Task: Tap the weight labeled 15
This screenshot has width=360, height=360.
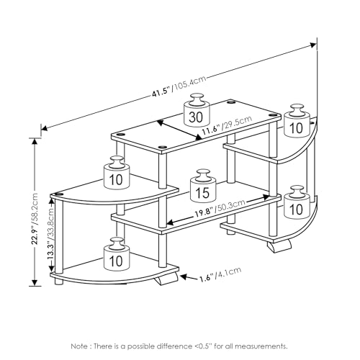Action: pyautogui.click(x=203, y=185)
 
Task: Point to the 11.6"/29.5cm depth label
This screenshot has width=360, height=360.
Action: pyautogui.click(x=227, y=125)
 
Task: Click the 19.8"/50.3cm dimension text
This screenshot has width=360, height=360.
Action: pyautogui.click(x=220, y=208)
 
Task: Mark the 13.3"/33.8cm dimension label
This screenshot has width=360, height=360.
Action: pyautogui.click(x=50, y=233)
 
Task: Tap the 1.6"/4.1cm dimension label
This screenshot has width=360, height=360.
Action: pyautogui.click(x=220, y=274)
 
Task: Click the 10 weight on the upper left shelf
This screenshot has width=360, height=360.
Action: pyautogui.click(x=117, y=172)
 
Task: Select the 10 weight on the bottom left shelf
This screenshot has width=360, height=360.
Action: pyautogui.click(x=117, y=253)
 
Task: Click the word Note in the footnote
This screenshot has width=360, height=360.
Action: pyautogui.click(x=79, y=346)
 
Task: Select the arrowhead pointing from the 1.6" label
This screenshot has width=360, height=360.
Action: pyautogui.click(x=184, y=277)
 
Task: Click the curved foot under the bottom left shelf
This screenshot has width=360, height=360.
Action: pyautogui.click(x=167, y=279)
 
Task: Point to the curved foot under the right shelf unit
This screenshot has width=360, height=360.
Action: pyautogui.click(x=279, y=246)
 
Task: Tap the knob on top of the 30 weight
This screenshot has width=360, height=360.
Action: pyautogui.click(x=197, y=99)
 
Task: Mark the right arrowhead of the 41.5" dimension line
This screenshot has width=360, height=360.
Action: pyautogui.click(x=313, y=45)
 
